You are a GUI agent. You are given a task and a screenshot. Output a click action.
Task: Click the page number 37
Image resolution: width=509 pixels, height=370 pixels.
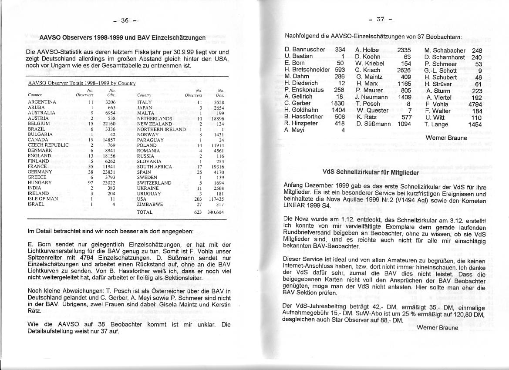coord(380,19)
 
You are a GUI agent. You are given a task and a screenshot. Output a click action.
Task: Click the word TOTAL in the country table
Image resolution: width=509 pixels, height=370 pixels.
coord(145,212)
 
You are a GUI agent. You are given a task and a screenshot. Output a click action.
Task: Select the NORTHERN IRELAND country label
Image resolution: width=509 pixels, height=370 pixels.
coord(161,129)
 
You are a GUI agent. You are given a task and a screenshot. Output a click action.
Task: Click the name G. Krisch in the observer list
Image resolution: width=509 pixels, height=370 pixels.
coord(367,70)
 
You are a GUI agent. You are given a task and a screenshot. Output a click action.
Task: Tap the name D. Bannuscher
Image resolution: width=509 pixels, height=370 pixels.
coord(305,50)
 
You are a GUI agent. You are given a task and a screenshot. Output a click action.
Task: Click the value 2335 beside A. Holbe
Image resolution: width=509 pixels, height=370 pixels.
coord(404,50)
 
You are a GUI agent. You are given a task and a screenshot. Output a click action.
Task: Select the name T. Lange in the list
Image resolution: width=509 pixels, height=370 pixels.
coord(436,124)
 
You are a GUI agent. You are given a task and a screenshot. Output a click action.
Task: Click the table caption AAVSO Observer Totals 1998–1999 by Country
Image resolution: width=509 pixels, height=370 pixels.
coord(82,83)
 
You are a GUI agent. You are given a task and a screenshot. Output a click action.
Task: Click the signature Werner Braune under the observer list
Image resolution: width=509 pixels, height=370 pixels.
coord(446,138)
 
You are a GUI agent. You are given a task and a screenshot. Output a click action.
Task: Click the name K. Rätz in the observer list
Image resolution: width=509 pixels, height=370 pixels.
coord(366,117)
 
